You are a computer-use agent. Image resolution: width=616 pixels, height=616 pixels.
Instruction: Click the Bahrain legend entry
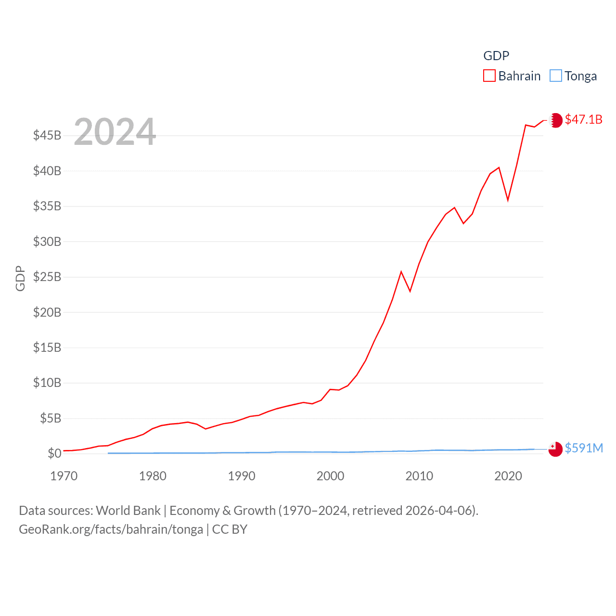[512, 76]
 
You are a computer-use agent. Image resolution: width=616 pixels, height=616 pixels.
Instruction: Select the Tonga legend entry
[573, 76]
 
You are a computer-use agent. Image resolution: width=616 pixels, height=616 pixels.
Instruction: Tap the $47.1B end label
[583, 119]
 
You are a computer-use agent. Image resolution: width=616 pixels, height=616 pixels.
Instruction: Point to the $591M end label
[584, 448]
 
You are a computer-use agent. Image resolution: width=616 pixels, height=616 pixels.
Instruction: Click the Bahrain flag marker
[555, 120]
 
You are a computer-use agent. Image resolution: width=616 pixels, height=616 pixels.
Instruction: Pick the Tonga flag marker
[555, 449]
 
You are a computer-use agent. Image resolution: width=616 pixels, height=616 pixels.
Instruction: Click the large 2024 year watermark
[115, 131]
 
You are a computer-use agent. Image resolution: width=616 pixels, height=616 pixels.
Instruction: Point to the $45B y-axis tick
[47, 135]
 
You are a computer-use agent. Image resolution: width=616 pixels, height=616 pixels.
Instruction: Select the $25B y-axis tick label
[47, 277]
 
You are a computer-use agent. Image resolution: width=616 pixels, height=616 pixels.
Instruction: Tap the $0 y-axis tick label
[54, 453]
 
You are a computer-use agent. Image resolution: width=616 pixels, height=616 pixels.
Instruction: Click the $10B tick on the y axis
[47, 383]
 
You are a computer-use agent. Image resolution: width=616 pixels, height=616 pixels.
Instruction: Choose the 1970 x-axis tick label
[64, 476]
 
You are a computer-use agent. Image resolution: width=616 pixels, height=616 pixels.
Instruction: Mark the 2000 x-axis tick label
[330, 476]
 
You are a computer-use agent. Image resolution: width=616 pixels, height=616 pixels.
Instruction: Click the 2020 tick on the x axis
[508, 476]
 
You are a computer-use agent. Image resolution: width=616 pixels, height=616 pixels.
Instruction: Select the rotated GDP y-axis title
[20, 278]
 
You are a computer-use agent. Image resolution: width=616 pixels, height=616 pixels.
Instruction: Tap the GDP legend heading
[496, 56]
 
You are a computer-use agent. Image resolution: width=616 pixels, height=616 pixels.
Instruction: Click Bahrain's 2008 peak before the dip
[401, 272]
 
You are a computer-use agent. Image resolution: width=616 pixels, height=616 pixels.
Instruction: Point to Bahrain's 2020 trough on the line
[508, 200]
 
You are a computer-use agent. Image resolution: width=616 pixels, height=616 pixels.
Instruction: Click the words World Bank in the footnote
[128, 511]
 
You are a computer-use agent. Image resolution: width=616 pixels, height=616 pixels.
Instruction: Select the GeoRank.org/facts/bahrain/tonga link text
[111, 529]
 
